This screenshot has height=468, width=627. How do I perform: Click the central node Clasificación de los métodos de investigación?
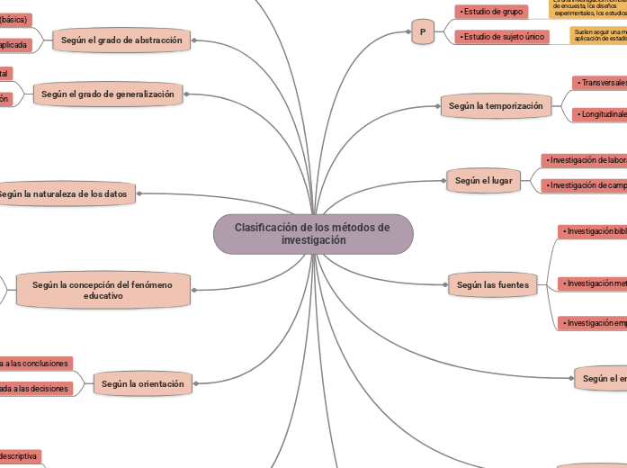(313, 234)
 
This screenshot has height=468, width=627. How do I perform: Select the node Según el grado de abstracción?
(121, 40)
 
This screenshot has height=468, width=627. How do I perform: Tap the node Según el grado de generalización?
(108, 94)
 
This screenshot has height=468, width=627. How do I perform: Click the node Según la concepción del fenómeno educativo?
(103, 290)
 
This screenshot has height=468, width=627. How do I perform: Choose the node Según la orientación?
(142, 384)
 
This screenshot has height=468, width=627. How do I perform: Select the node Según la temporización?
(495, 106)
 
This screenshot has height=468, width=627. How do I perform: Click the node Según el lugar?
(483, 181)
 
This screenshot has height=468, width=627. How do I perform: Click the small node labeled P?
(422, 32)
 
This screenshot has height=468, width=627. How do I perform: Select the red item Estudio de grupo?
(490, 12)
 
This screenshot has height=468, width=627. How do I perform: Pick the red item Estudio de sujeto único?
(500, 37)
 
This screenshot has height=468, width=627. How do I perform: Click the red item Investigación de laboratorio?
(584, 160)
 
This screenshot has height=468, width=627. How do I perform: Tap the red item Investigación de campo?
(584, 185)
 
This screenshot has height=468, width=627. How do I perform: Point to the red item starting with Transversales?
(599, 83)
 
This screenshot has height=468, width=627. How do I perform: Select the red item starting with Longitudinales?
(599, 114)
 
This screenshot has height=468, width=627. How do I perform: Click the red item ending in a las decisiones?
(35, 389)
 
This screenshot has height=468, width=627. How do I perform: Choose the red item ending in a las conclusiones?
(35, 364)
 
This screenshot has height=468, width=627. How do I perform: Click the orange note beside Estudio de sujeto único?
(599, 36)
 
